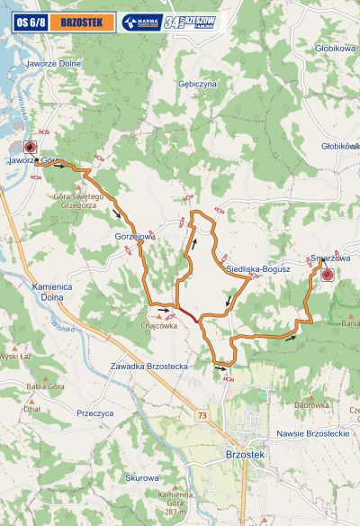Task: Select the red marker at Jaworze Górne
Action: point(29,148)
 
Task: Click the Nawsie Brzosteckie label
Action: point(313,433)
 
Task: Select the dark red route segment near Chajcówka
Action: point(189,313)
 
